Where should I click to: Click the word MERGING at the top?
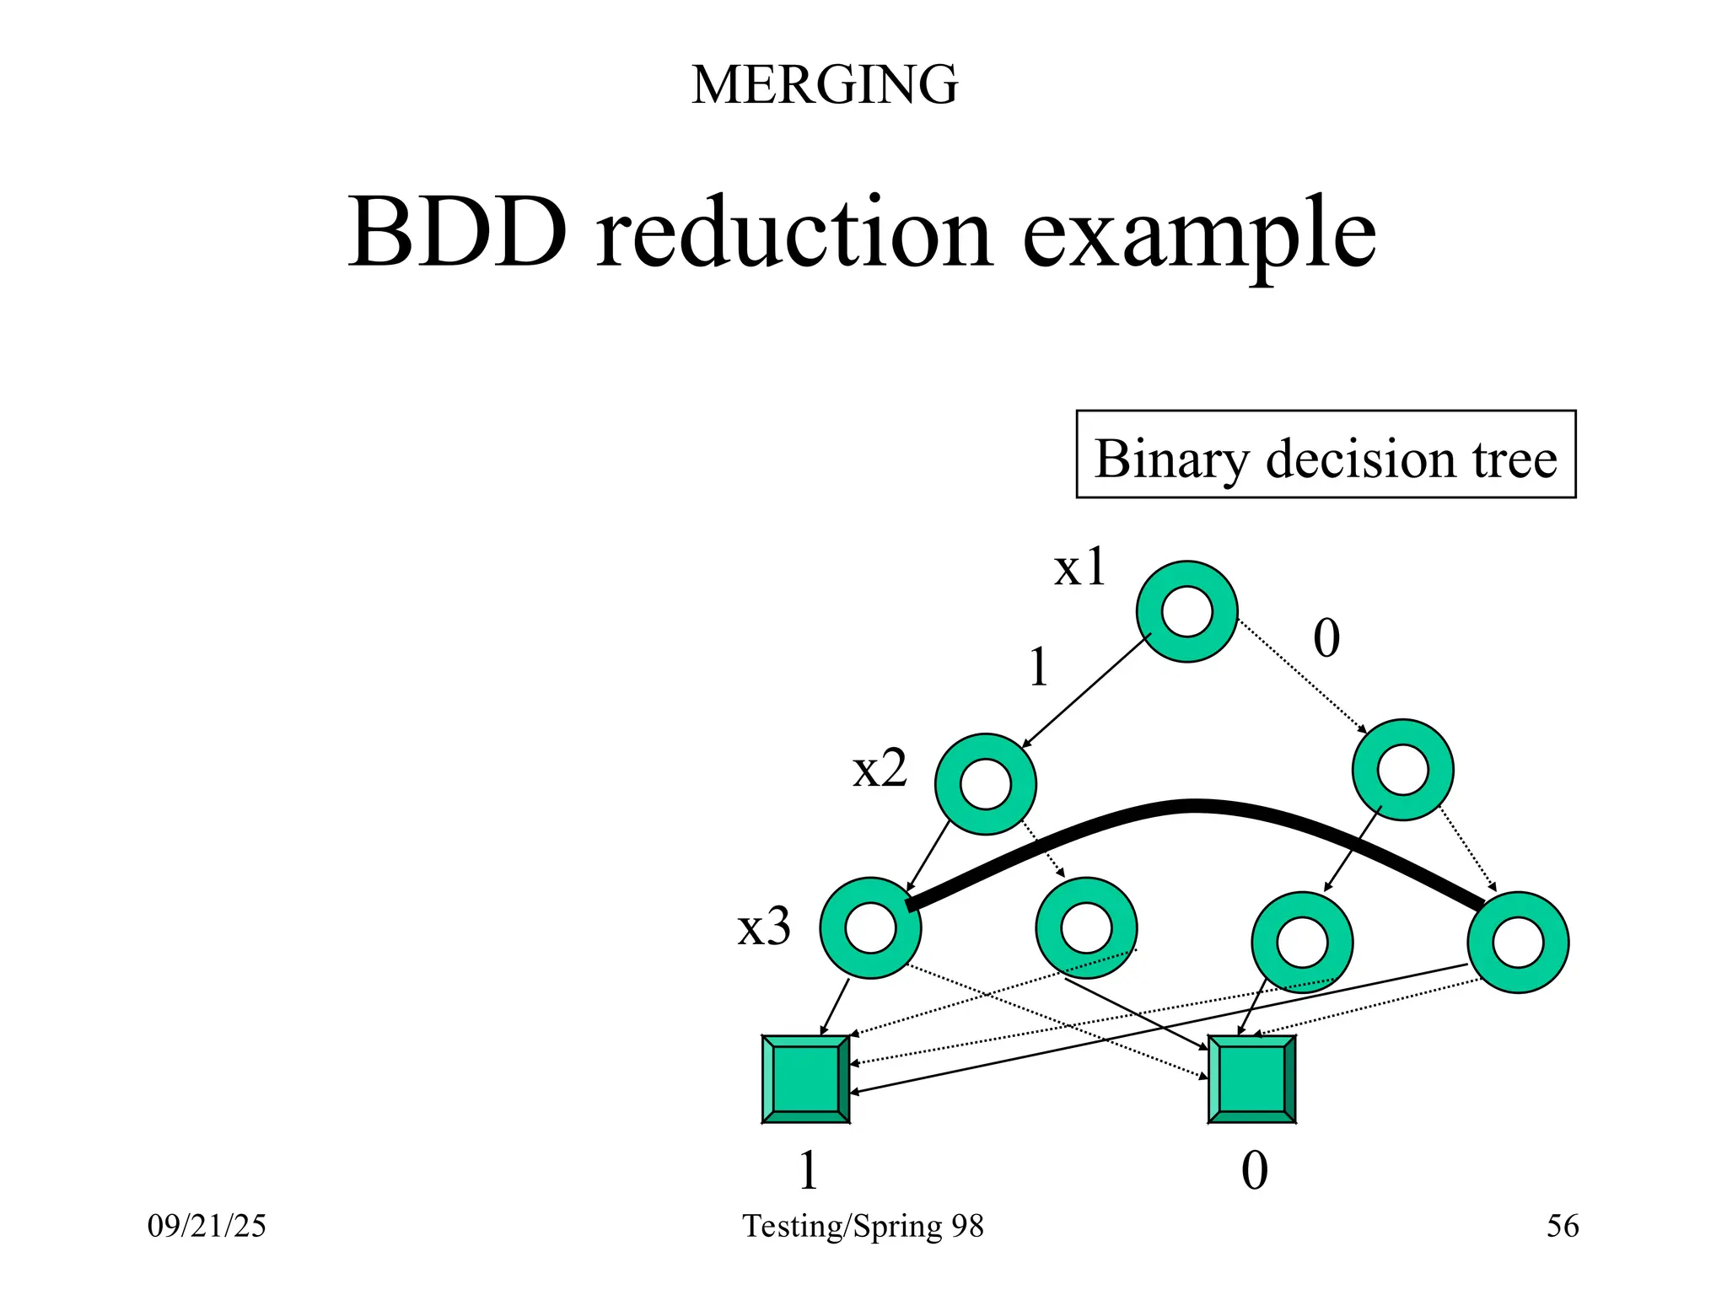pos(824,85)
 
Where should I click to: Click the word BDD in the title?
pos(458,232)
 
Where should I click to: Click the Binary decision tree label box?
pos(1325,455)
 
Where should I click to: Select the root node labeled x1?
pos(1186,611)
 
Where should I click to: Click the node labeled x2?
pos(985,784)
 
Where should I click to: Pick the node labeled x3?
pos(870,927)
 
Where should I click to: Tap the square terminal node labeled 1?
pos(805,1079)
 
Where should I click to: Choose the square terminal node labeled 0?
pos(1251,1079)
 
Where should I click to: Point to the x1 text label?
pos(1079,567)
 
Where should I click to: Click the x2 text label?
pos(880,769)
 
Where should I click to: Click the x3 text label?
pos(764,927)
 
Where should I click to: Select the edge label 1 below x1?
pos(1039,668)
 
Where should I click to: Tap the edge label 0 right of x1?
pos(1326,638)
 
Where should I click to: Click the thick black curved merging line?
pos(1193,806)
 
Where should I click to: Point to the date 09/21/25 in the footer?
pos(207,1226)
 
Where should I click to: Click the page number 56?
pos(1562,1226)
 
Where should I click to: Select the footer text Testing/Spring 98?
pos(863,1226)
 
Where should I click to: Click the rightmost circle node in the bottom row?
pos(1517,942)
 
